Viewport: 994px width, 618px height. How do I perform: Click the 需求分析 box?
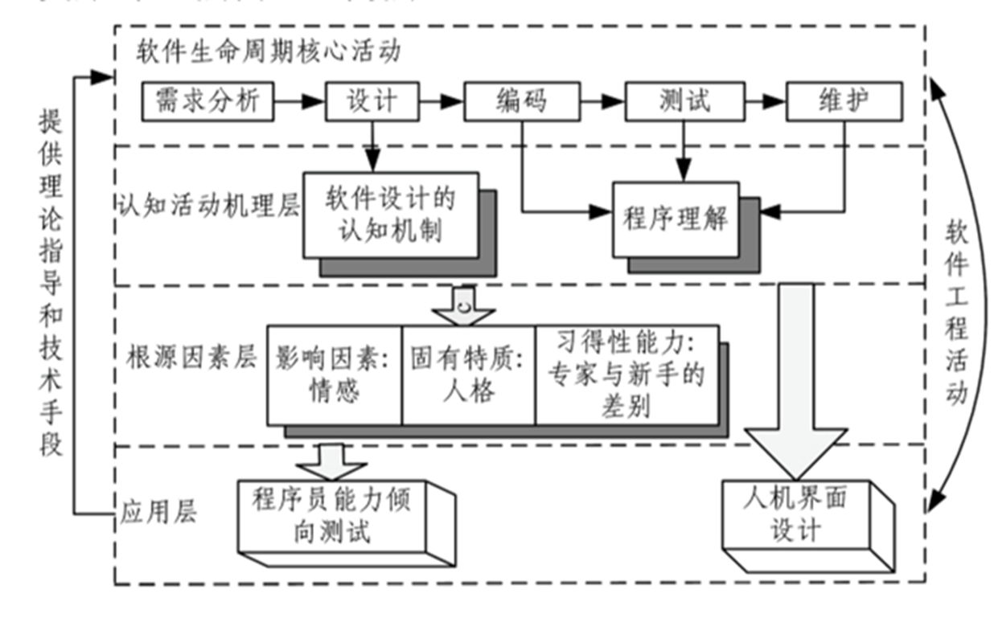pyautogui.click(x=207, y=101)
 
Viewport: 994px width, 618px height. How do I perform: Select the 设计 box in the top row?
pyautogui.click(x=372, y=101)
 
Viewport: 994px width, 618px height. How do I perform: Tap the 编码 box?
pyautogui.click(x=522, y=101)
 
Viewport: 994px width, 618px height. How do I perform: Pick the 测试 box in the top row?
pyautogui.click(x=684, y=101)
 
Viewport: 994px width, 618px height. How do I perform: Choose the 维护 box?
pyautogui.click(x=844, y=101)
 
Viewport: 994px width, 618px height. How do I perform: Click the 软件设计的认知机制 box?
pyautogui.click(x=391, y=215)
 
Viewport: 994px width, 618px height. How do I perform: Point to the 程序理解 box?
pyautogui.click(x=676, y=219)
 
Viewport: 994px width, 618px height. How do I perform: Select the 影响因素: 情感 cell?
pyautogui.click(x=335, y=374)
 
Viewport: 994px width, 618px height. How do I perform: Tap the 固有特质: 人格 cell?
pyautogui.click(x=468, y=374)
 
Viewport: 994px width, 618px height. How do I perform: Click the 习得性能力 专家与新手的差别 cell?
pyautogui.click(x=626, y=374)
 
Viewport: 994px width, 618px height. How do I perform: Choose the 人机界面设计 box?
pyautogui.click(x=796, y=514)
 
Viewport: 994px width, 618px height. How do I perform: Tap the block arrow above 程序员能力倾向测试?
pyautogui.click(x=331, y=460)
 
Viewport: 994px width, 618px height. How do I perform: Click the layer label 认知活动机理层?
pyautogui.click(x=208, y=206)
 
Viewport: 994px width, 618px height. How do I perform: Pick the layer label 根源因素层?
pyautogui.click(x=191, y=358)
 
